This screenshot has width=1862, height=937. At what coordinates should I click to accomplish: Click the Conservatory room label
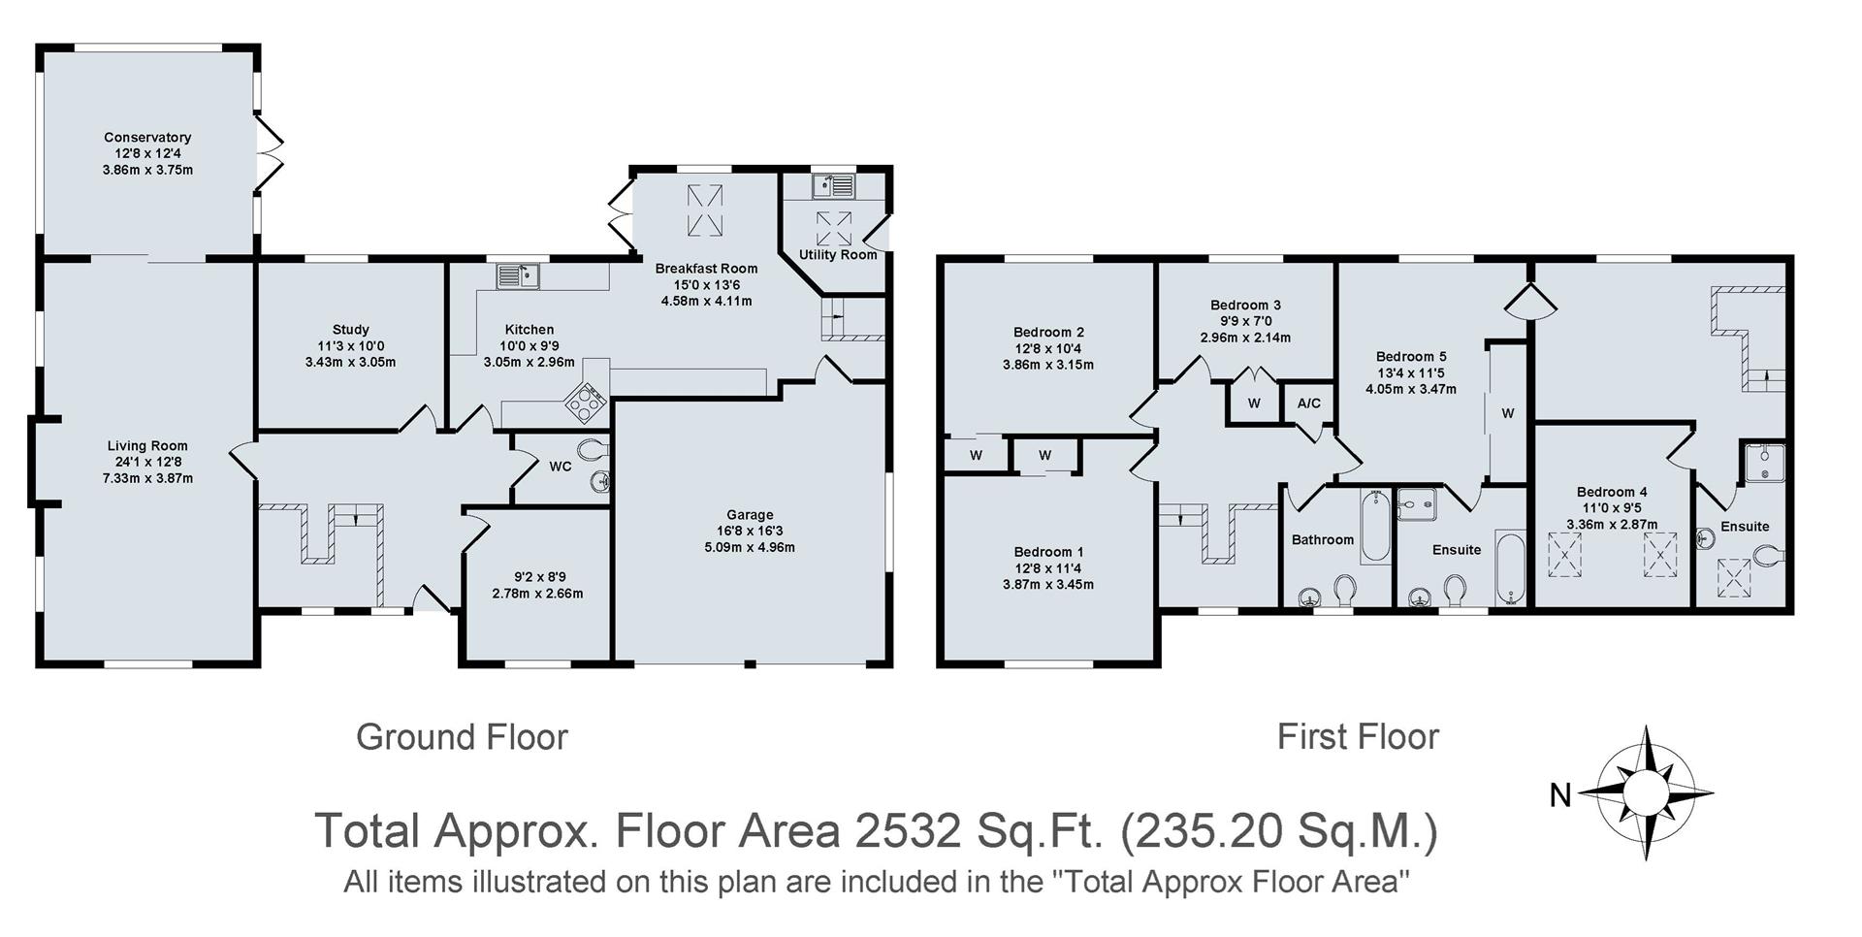[147, 138]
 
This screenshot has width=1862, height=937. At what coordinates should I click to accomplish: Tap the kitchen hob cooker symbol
[586, 401]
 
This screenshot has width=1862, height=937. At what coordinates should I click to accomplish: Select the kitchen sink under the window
[519, 276]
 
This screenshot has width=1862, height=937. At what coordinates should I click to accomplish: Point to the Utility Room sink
[835, 185]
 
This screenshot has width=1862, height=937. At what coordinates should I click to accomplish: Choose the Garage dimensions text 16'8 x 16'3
[750, 532]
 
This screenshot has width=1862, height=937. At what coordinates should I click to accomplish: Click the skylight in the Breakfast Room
[705, 210]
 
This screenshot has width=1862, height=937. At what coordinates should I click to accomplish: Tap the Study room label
[350, 330]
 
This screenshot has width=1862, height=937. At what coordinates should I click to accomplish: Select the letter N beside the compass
[1559, 796]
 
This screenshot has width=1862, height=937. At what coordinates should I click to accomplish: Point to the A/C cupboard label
[1308, 404]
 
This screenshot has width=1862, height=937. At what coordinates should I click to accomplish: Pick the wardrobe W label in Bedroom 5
[1507, 413]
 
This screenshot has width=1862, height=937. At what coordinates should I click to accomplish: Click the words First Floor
[1357, 737]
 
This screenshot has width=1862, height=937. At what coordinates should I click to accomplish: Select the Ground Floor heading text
[462, 737]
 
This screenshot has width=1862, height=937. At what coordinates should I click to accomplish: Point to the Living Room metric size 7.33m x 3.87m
[147, 478]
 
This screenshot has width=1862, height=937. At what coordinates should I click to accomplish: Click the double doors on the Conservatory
[270, 155]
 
